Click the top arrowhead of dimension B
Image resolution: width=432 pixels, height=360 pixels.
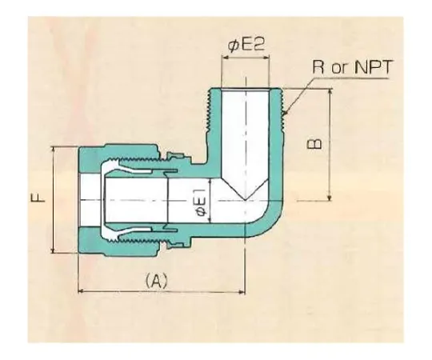point(330,91)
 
